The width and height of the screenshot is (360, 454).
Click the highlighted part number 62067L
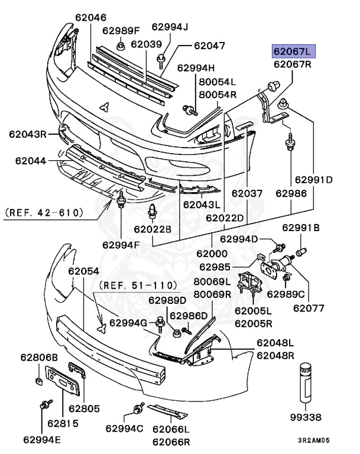[294, 51]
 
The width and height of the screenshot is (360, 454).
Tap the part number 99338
[307, 417]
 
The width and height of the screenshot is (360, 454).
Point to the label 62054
[83, 270]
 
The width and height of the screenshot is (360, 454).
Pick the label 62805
[84, 408]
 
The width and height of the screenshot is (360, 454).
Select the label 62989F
[121, 30]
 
